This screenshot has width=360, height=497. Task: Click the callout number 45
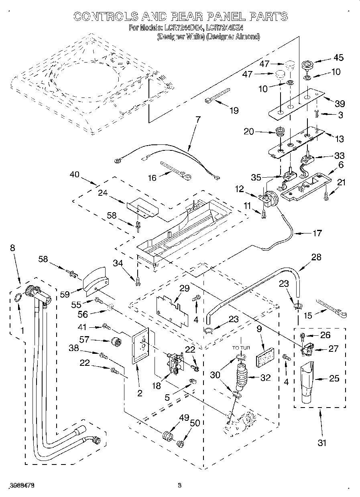tap(338, 58)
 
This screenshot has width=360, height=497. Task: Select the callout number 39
tap(339, 103)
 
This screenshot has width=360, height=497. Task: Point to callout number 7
tap(197, 120)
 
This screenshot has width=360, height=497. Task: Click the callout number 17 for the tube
tap(317, 233)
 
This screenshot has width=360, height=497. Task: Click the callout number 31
tap(322, 443)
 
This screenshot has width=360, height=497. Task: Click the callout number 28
tap(316, 257)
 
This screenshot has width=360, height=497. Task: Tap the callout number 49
tap(184, 418)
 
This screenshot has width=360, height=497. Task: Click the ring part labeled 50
tap(180, 443)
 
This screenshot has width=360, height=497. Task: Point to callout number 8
tap(12, 248)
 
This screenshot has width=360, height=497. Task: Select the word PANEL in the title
tap(225, 16)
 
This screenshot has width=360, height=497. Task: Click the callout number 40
tap(74, 174)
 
